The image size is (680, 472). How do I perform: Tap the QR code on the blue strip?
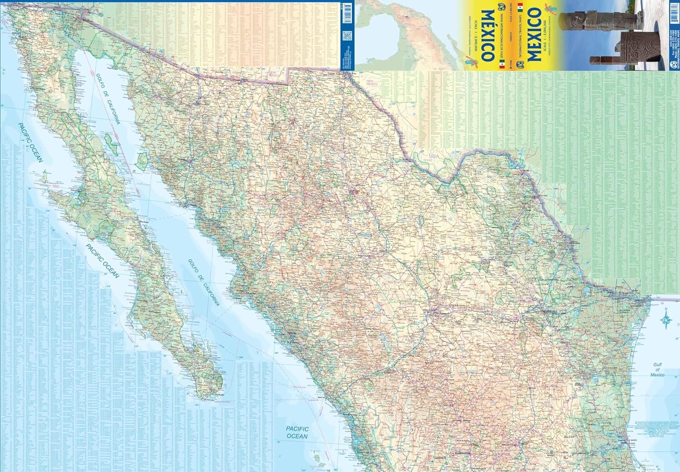347,36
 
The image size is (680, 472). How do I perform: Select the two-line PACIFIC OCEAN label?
297,433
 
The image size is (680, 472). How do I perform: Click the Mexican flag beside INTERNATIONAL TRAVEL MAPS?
520,8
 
